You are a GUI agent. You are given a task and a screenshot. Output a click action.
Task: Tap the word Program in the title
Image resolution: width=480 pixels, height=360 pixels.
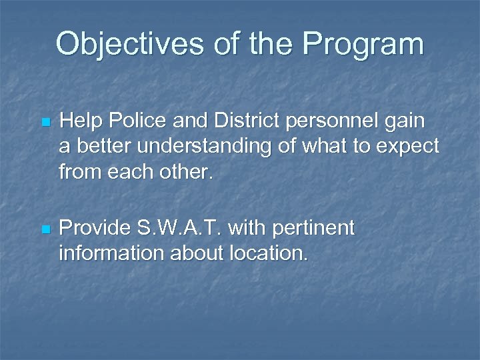tap(363, 44)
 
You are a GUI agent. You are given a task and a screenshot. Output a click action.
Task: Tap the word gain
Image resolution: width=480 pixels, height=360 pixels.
tap(410, 121)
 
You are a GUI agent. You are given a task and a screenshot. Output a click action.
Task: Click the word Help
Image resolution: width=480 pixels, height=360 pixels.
tap(79, 121)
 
